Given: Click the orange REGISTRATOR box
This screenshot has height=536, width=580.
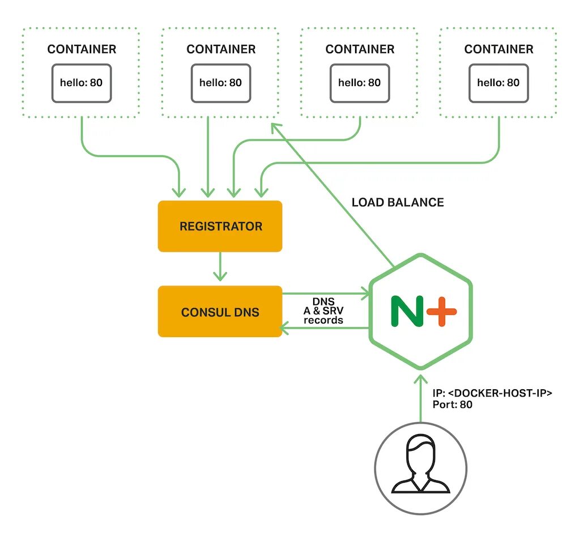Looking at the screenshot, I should [x=220, y=226].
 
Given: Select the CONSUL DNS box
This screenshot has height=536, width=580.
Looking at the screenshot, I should [x=220, y=312].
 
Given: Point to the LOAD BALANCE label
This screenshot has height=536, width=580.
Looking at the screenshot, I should [x=398, y=202].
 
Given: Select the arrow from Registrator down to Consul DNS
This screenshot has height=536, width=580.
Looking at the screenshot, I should [x=220, y=266].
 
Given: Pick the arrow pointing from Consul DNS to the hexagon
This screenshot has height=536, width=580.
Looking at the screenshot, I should [x=326, y=294].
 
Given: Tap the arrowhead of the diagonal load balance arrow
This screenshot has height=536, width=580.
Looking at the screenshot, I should [x=276, y=127].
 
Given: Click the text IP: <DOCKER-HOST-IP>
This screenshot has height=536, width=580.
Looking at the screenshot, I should [x=492, y=393].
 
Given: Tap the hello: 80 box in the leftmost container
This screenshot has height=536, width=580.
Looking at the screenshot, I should [x=82, y=83].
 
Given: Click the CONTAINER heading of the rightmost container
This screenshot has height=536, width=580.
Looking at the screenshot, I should [x=498, y=49].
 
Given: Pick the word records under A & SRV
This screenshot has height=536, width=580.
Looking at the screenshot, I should [x=323, y=320].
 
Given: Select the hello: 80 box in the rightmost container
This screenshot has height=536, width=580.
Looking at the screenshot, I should [x=498, y=83].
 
